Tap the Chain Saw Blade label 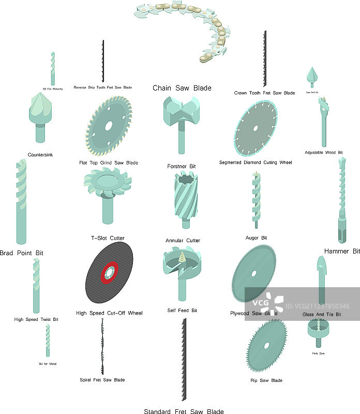(x=182, y=88)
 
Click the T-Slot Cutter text (x=108, y=238)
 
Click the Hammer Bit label (x=341, y=252)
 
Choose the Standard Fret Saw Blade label (x=184, y=411)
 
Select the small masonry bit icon (x=52, y=68)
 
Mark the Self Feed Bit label (x=182, y=310)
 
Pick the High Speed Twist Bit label (x=36, y=319)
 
